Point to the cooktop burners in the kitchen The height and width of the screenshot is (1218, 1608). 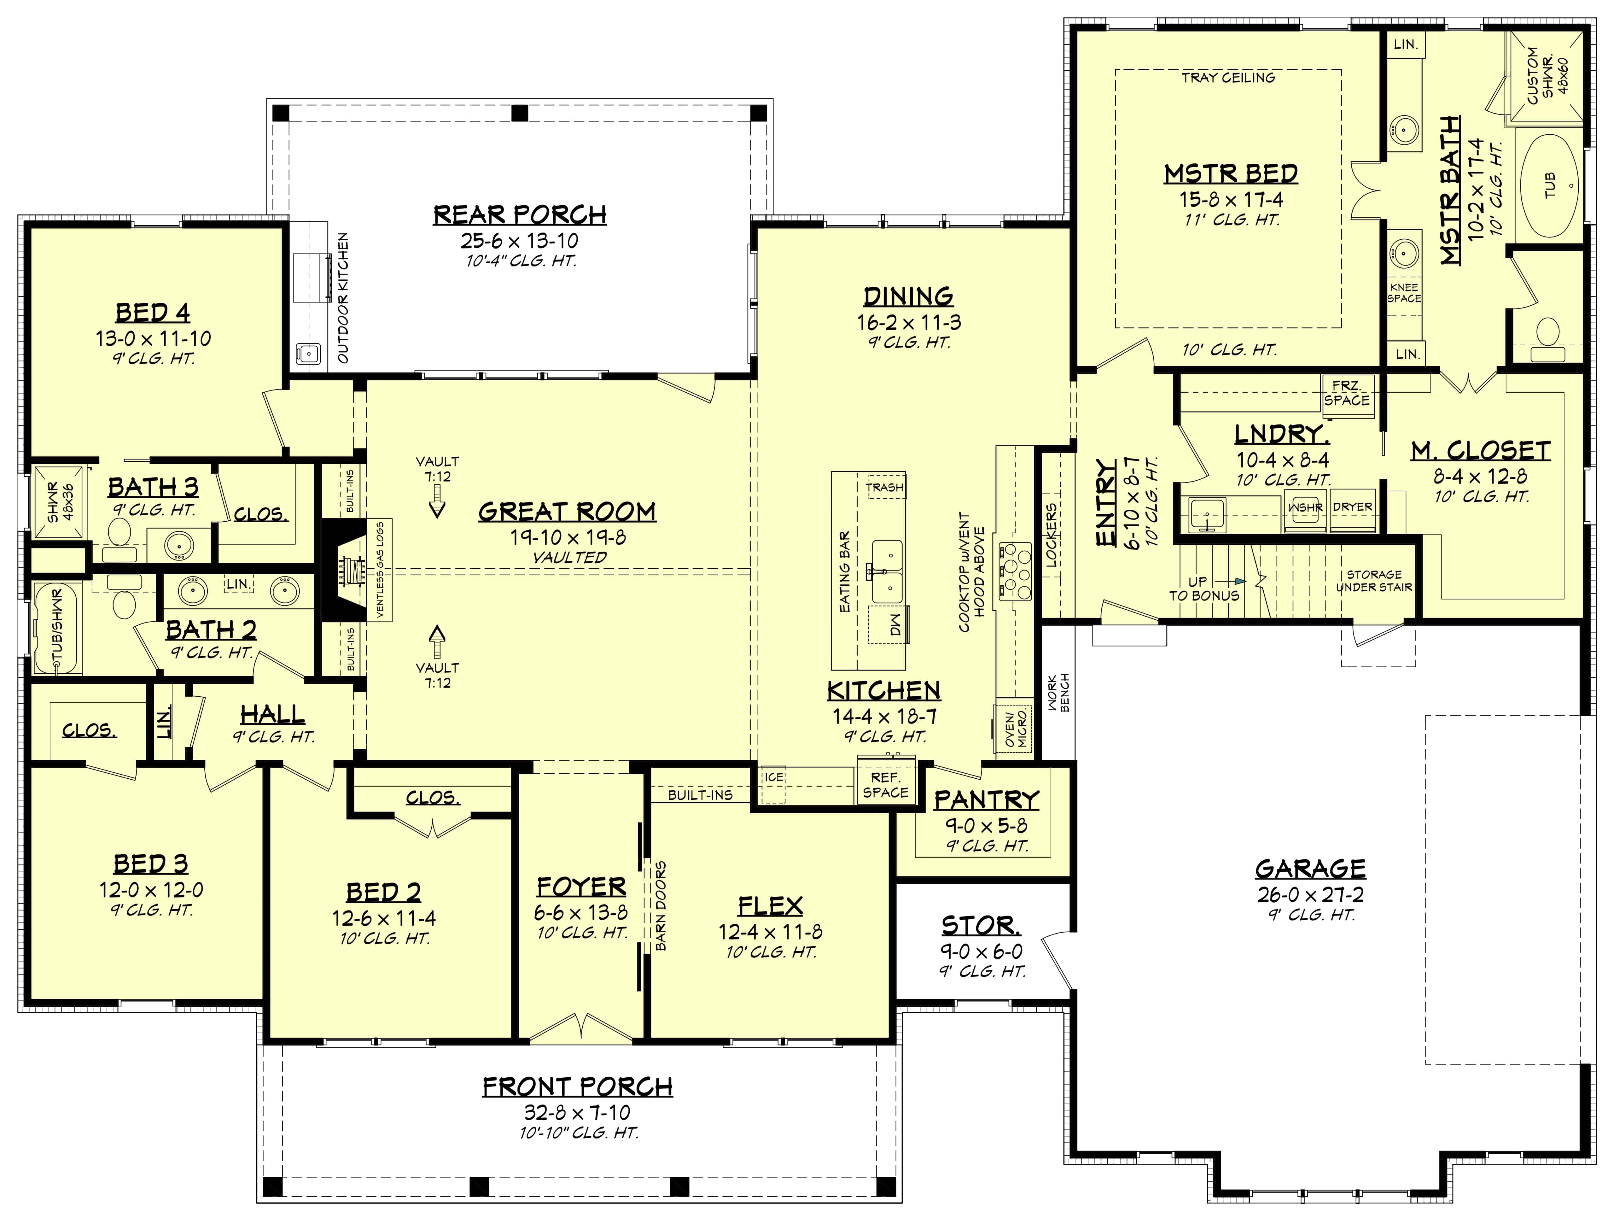pos(1016,571)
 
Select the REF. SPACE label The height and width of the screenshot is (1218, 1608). pos(885,785)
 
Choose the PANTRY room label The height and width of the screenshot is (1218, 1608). pos(987,800)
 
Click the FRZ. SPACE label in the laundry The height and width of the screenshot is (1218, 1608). pos(1346,393)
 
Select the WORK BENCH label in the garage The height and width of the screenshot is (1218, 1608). pos(1060,692)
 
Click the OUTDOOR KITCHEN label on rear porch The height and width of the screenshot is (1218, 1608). pos(343,298)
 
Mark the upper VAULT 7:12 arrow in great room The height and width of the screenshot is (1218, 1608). pos(437,502)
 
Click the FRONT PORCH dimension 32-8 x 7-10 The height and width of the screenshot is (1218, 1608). pos(578,1113)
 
